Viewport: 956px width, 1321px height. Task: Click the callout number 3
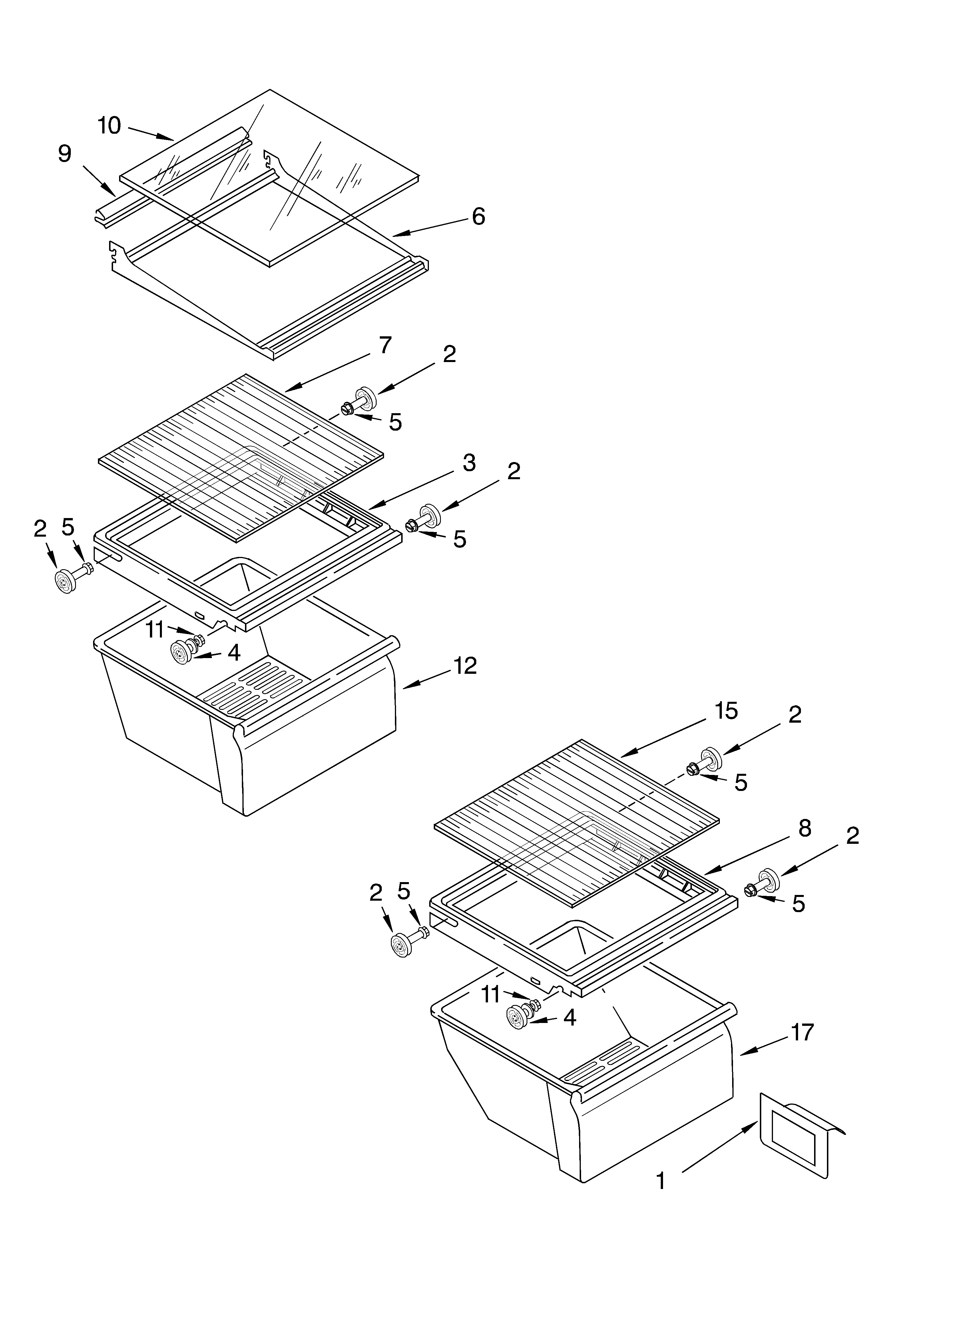point(469,463)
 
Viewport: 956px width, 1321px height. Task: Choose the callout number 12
point(465,666)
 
